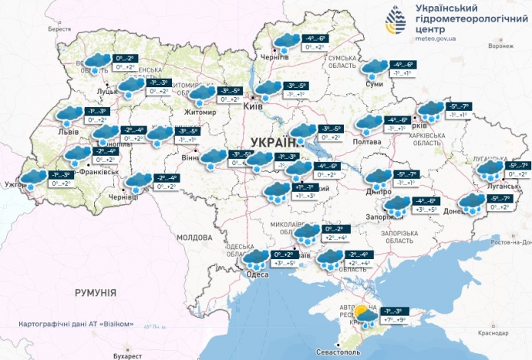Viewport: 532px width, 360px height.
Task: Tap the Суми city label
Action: click(x=375, y=86)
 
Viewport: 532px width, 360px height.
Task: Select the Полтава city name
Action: click(x=365, y=142)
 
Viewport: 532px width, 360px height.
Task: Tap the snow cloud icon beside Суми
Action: click(x=375, y=69)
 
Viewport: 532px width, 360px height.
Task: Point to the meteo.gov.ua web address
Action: click(x=436, y=36)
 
